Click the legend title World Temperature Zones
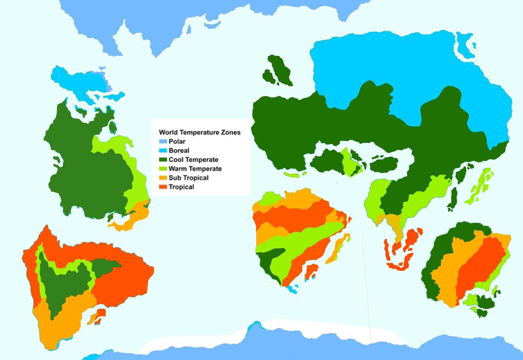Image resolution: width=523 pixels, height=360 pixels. (200, 132)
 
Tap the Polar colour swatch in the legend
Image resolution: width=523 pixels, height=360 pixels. (163, 141)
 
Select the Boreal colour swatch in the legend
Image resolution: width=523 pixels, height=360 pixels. (163, 150)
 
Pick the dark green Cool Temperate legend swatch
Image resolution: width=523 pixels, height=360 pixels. (163, 160)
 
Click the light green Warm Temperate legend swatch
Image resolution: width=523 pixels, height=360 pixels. (163, 169)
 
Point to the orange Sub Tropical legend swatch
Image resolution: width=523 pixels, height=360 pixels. (163, 178)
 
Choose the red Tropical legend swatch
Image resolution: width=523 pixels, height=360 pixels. (163, 187)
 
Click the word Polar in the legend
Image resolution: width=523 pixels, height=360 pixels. (176, 141)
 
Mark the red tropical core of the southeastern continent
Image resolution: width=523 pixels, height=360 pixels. (479, 266)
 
